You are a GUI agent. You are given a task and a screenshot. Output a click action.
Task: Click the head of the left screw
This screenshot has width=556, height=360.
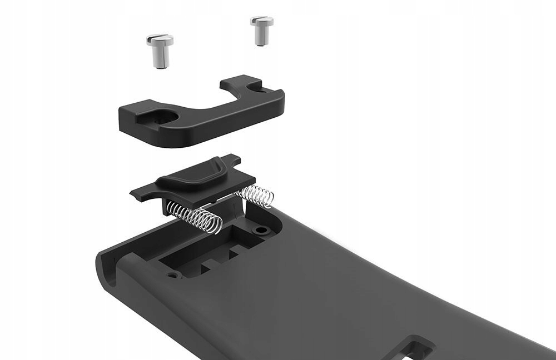[160, 41]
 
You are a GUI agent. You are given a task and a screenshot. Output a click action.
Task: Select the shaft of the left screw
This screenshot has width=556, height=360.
[161, 58]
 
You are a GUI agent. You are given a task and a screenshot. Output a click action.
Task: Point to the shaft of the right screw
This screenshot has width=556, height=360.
[260, 37]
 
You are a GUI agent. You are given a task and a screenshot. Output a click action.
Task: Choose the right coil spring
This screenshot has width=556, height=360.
[256, 195]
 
